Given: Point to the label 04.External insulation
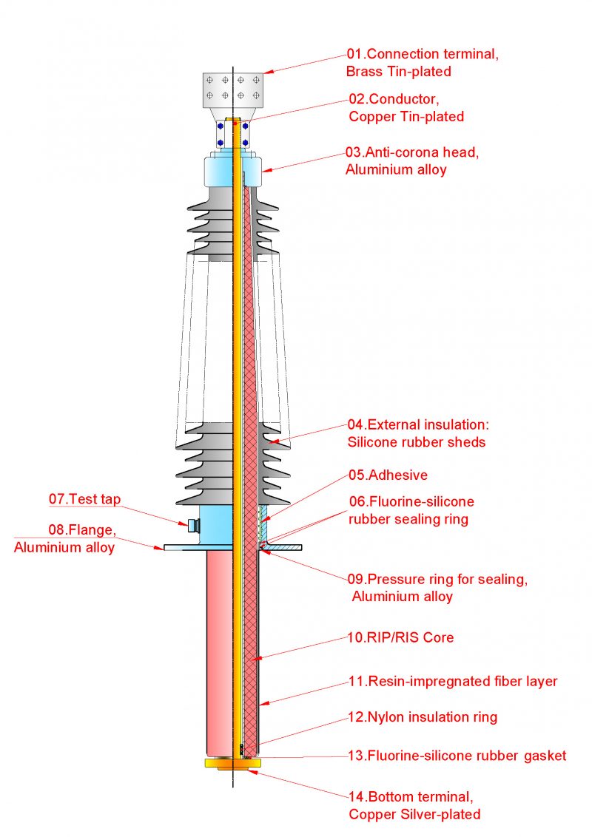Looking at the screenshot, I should coord(419,425).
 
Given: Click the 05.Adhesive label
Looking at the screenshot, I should coord(388,475).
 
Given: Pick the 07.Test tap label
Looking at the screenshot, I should coord(85,499).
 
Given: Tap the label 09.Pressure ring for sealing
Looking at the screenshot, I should coord(437,580).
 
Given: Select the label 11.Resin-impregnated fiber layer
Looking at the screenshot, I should coord(452,682).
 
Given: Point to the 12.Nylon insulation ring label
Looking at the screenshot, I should coord(423,717).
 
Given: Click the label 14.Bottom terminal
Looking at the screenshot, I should coord(410,797).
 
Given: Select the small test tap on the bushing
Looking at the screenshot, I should coord(192,525).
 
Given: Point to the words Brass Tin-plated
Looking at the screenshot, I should coord(398,72).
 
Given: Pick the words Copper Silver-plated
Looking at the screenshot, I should coord(414,815).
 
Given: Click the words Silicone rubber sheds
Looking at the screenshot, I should coord(417,442).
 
